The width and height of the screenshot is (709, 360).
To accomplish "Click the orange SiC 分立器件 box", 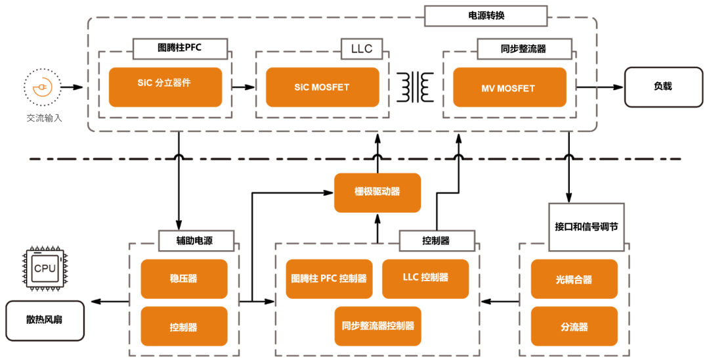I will (165, 87).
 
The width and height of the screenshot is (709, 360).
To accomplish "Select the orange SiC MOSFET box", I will (322, 87).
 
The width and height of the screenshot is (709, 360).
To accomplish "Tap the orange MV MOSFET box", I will (509, 87).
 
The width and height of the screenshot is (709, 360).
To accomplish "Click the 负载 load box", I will (662, 87).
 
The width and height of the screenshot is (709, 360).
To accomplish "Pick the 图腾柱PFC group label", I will (181, 48).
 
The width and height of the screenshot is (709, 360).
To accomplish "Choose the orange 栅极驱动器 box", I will (377, 192).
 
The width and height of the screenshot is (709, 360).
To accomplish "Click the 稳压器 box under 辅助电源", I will (184, 279).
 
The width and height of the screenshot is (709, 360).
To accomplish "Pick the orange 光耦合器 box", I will (574, 279).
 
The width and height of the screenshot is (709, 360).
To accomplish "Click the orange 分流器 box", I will (574, 326).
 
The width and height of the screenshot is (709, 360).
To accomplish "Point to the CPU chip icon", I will (45, 269).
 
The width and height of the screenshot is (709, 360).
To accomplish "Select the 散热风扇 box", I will (45, 321).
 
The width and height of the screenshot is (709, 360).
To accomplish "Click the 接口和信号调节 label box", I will (586, 227).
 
